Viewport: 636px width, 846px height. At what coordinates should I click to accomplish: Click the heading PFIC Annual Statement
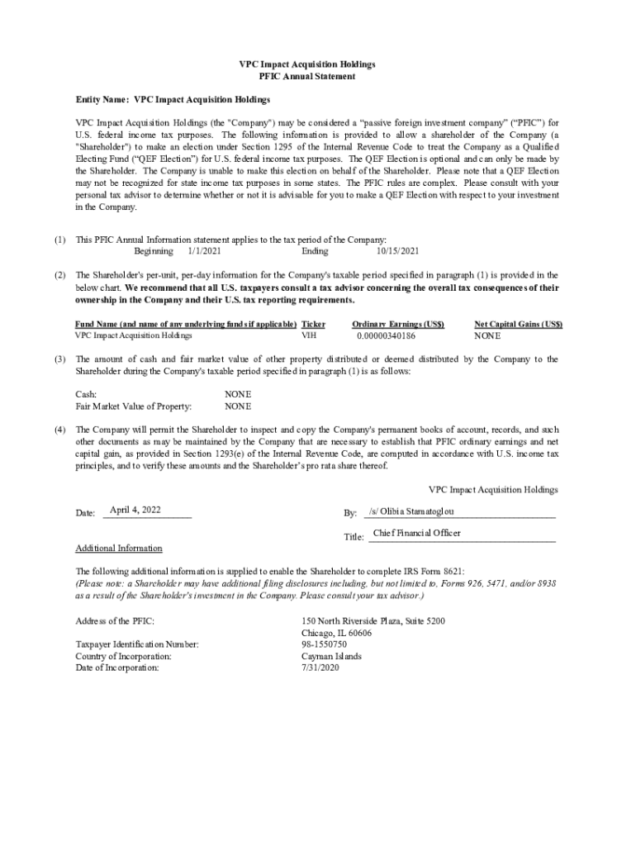click(x=306, y=76)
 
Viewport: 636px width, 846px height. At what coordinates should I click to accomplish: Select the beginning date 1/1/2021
click(x=204, y=251)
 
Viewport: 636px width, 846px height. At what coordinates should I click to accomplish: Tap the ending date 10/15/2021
click(x=397, y=251)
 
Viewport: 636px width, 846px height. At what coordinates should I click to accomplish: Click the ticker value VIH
click(x=309, y=336)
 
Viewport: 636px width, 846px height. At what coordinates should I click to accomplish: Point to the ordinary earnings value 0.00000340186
click(x=386, y=336)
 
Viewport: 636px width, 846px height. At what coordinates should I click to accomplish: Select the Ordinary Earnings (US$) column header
click(x=397, y=325)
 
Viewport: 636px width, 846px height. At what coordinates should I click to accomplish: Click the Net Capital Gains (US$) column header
click(x=518, y=325)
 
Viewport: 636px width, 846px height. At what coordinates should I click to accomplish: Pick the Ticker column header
click(x=314, y=325)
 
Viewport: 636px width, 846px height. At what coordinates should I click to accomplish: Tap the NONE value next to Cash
click(x=238, y=394)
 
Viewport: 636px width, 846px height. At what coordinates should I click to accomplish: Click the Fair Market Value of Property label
click(x=134, y=406)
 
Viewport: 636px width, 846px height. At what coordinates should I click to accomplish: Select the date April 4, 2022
click(x=135, y=510)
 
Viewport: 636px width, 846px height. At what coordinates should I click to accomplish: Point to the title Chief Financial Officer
click(x=416, y=533)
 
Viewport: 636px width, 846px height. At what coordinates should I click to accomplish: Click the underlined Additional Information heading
click(x=119, y=548)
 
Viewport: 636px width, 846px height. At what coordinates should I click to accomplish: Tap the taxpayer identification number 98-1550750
click(x=325, y=644)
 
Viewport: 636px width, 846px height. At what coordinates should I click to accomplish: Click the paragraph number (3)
click(x=60, y=359)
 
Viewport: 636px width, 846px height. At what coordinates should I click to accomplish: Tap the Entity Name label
click(x=102, y=99)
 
